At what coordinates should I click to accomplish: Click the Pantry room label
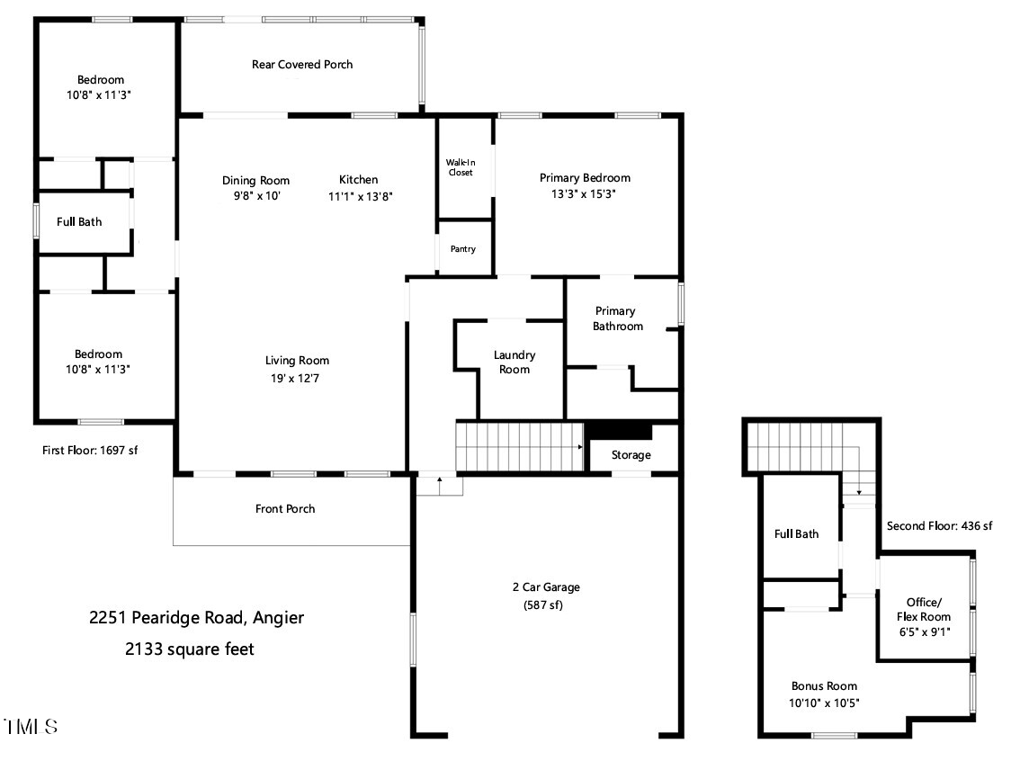click(463, 249)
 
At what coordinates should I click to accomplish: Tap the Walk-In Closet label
click(460, 167)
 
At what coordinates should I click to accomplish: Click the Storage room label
click(631, 455)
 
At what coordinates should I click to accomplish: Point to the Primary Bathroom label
click(617, 319)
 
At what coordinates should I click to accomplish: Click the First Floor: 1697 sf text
click(90, 450)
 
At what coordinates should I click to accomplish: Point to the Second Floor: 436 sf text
click(939, 526)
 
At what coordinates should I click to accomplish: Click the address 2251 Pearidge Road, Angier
click(196, 618)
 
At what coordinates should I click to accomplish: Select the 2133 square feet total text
click(190, 649)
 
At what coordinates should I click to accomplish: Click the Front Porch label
click(285, 509)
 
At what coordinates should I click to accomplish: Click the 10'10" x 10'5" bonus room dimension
click(825, 703)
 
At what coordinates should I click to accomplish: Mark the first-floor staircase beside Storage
click(519, 446)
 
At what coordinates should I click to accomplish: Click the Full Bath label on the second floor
click(796, 534)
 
